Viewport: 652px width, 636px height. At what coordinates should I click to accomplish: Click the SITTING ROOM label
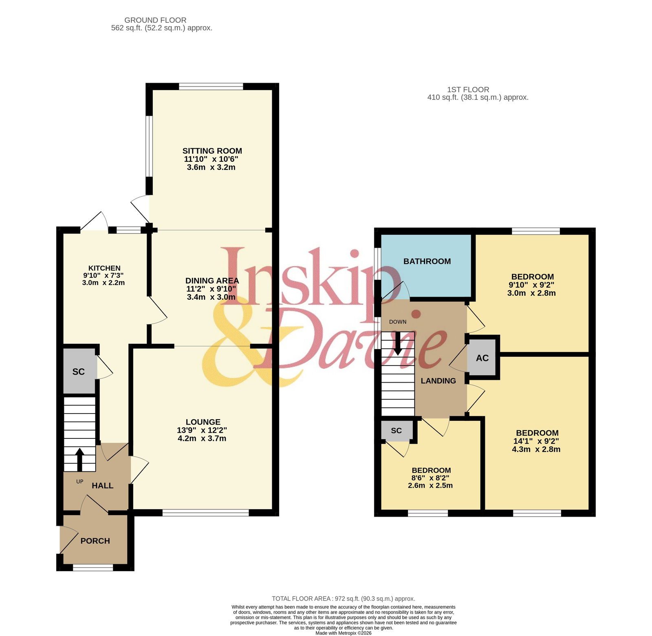pyautogui.click(x=212, y=151)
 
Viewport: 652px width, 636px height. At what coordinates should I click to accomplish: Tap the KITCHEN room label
pyautogui.click(x=104, y=268)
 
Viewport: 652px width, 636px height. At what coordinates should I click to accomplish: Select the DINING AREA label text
pyautogui.click(x=212, y=281)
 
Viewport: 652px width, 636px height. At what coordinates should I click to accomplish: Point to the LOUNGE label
pyautogui.click(x=203, y=422)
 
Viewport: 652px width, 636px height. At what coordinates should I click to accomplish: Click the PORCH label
pyautogui.click(x=95, y=541)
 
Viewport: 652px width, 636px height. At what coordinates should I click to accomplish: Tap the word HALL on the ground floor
pyautogui.click(x=102, y=486)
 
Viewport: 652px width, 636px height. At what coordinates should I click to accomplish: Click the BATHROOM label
pyautogui.click(x=427, y=262)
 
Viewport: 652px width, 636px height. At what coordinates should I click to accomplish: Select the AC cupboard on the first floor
pyautogui.click(x=482, y=358)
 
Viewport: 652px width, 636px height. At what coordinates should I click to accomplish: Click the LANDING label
pyautogui.click(x=438, y=381)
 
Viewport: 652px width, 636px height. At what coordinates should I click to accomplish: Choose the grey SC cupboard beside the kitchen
pyautogui.click(x=79, y=371)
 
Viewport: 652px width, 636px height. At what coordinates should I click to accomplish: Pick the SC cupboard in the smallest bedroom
pyautogui.click(x=396, y=431)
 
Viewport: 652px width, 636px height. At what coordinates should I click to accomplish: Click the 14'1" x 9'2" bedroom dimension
pyautogui.click(x=536, y=441)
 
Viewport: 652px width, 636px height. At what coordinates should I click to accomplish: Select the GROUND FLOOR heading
pyautogui.click(x=155, y=20)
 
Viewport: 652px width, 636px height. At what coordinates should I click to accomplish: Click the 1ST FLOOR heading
pyautogui.click(x=468, y=90)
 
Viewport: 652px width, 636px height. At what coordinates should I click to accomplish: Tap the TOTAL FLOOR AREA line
pyautogui.click(x=344, y=599)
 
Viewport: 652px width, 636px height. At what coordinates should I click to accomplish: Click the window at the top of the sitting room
pyautogui.click(x=211, y=86)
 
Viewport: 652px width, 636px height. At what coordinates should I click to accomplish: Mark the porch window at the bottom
pyautogui.click(x=93, y=568)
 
